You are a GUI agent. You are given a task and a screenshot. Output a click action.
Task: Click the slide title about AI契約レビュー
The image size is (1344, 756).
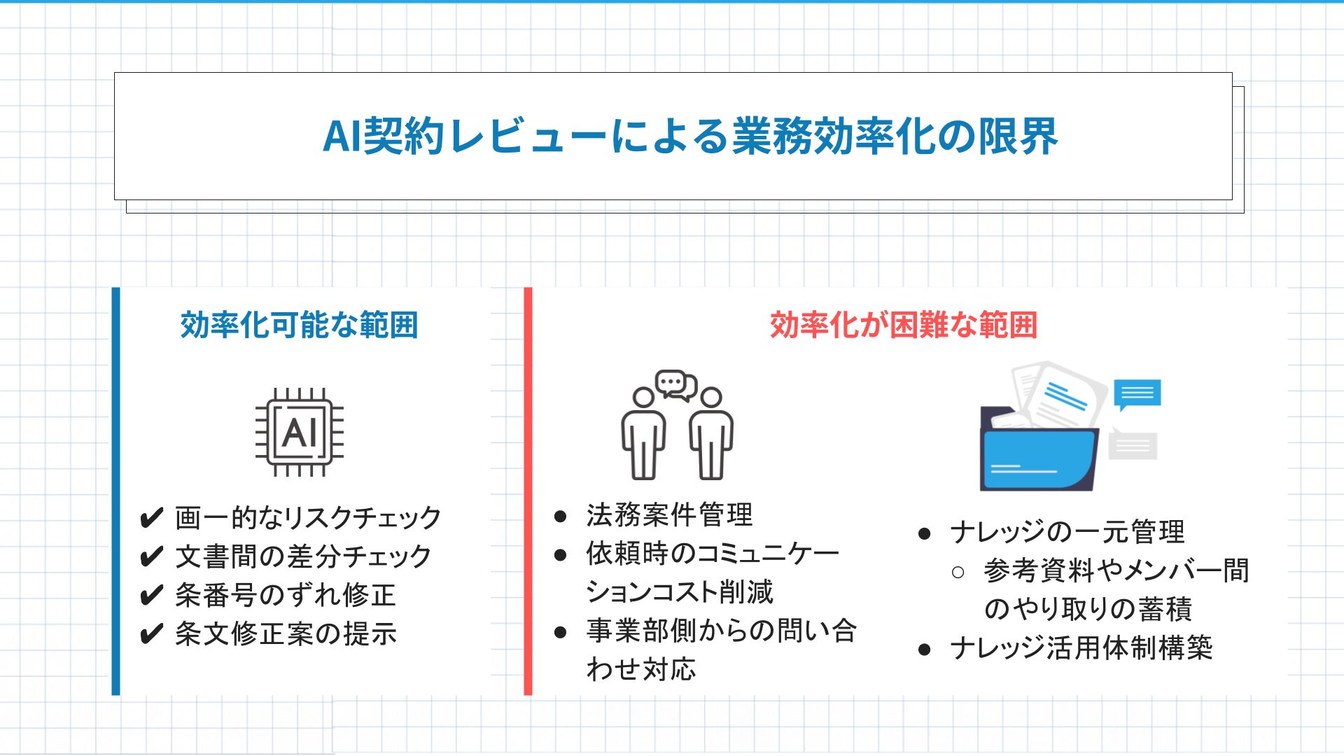point(690,136)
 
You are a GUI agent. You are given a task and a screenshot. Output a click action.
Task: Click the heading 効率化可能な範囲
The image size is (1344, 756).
point(299,325)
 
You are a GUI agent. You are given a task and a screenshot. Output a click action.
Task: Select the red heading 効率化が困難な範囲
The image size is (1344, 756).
point(904,325)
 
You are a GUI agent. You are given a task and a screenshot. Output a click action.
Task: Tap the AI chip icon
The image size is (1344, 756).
point(300,432)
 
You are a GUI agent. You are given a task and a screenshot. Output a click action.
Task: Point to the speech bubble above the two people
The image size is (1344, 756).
point(675,385)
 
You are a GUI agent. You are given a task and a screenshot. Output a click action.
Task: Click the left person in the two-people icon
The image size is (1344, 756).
point(643,434)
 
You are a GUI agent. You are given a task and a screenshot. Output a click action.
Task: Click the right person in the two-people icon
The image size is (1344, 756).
point(711,434)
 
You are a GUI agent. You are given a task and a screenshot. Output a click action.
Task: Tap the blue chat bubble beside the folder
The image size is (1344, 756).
point(1137,395)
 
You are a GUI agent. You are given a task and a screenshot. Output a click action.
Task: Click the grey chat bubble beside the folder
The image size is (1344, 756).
point(1133,444)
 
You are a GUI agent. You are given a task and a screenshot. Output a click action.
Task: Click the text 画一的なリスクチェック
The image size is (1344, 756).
point(308,518)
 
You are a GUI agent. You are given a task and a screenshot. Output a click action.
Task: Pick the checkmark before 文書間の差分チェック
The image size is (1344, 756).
point(151,557)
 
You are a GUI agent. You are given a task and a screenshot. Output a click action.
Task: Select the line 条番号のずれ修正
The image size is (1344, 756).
point(286,595)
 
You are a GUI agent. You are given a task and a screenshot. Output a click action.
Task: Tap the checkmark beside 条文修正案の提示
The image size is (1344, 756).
point(151,634)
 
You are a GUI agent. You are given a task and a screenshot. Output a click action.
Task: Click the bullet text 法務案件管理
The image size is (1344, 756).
point(669,515)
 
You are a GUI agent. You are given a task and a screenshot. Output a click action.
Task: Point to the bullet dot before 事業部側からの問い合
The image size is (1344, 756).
point(560,632)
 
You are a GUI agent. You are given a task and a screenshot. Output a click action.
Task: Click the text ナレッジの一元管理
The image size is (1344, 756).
point(1067,532)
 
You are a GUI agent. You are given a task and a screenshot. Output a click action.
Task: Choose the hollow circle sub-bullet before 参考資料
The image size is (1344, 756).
point(958,573)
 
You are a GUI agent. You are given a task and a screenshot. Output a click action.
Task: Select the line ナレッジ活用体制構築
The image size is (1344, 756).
point(1081,648)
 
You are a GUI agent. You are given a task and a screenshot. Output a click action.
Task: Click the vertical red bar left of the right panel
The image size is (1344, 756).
point(528,491)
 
